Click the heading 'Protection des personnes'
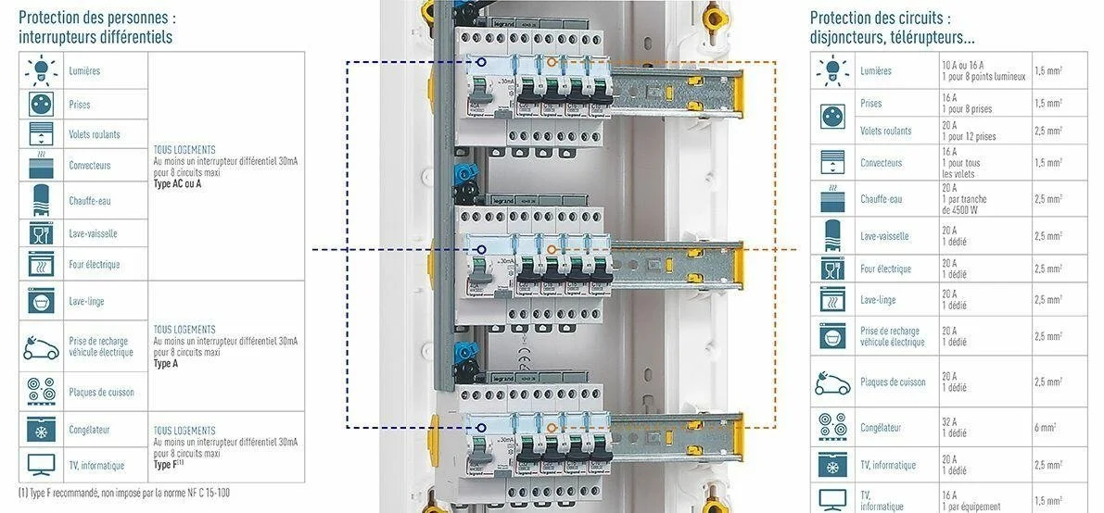pyautogui.click(x=96, y=18)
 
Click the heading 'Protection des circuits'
pyautogui.click(x=880, y=18)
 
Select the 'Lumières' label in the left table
pyautogui.click(x=84, y=71)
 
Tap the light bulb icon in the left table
pyautogui.click(x=40, y=69)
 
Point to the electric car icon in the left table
pyautogui.click(x=40, y=347)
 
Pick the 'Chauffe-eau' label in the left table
pyautogui.click(x=91, y=200)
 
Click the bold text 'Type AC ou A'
pyautogui.click(x=177, y=183)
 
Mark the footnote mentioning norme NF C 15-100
pyautogui.click(x=124, y=493)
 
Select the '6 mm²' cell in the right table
pyautogui.click(x=1047, y=428)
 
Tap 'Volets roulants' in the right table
pyautogui.click(x=885, y=131)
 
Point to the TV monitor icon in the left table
pyautogui.click(x=40, y=464)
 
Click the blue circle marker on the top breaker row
pyautogui.click(x=480, y=61)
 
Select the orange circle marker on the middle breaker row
pyautogui.click(x=551, y=249)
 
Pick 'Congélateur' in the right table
pyautogui.click(x=881, y=428)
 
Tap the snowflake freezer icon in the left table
pyautogui.click(x=40, y=429)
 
